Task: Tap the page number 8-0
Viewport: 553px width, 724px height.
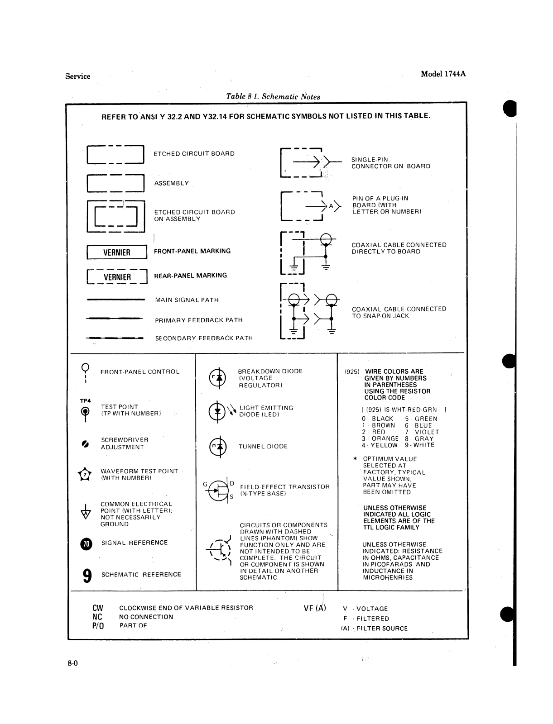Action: (73, 664)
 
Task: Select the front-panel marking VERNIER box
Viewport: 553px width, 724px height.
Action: (117, 252)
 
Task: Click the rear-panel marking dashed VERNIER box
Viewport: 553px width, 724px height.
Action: (117, 276)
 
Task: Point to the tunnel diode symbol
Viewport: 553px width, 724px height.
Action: (217, 447)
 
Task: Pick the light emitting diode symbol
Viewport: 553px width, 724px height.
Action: (218, 411)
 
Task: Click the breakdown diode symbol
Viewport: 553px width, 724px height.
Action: (217, 377)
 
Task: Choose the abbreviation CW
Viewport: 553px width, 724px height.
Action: (97, 608)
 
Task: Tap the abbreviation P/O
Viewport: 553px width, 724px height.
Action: (98, 626)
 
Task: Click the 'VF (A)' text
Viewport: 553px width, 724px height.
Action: (315, 608)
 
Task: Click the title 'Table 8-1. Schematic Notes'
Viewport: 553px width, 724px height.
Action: (273, 96)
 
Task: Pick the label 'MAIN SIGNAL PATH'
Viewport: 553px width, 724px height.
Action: (187, 300)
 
